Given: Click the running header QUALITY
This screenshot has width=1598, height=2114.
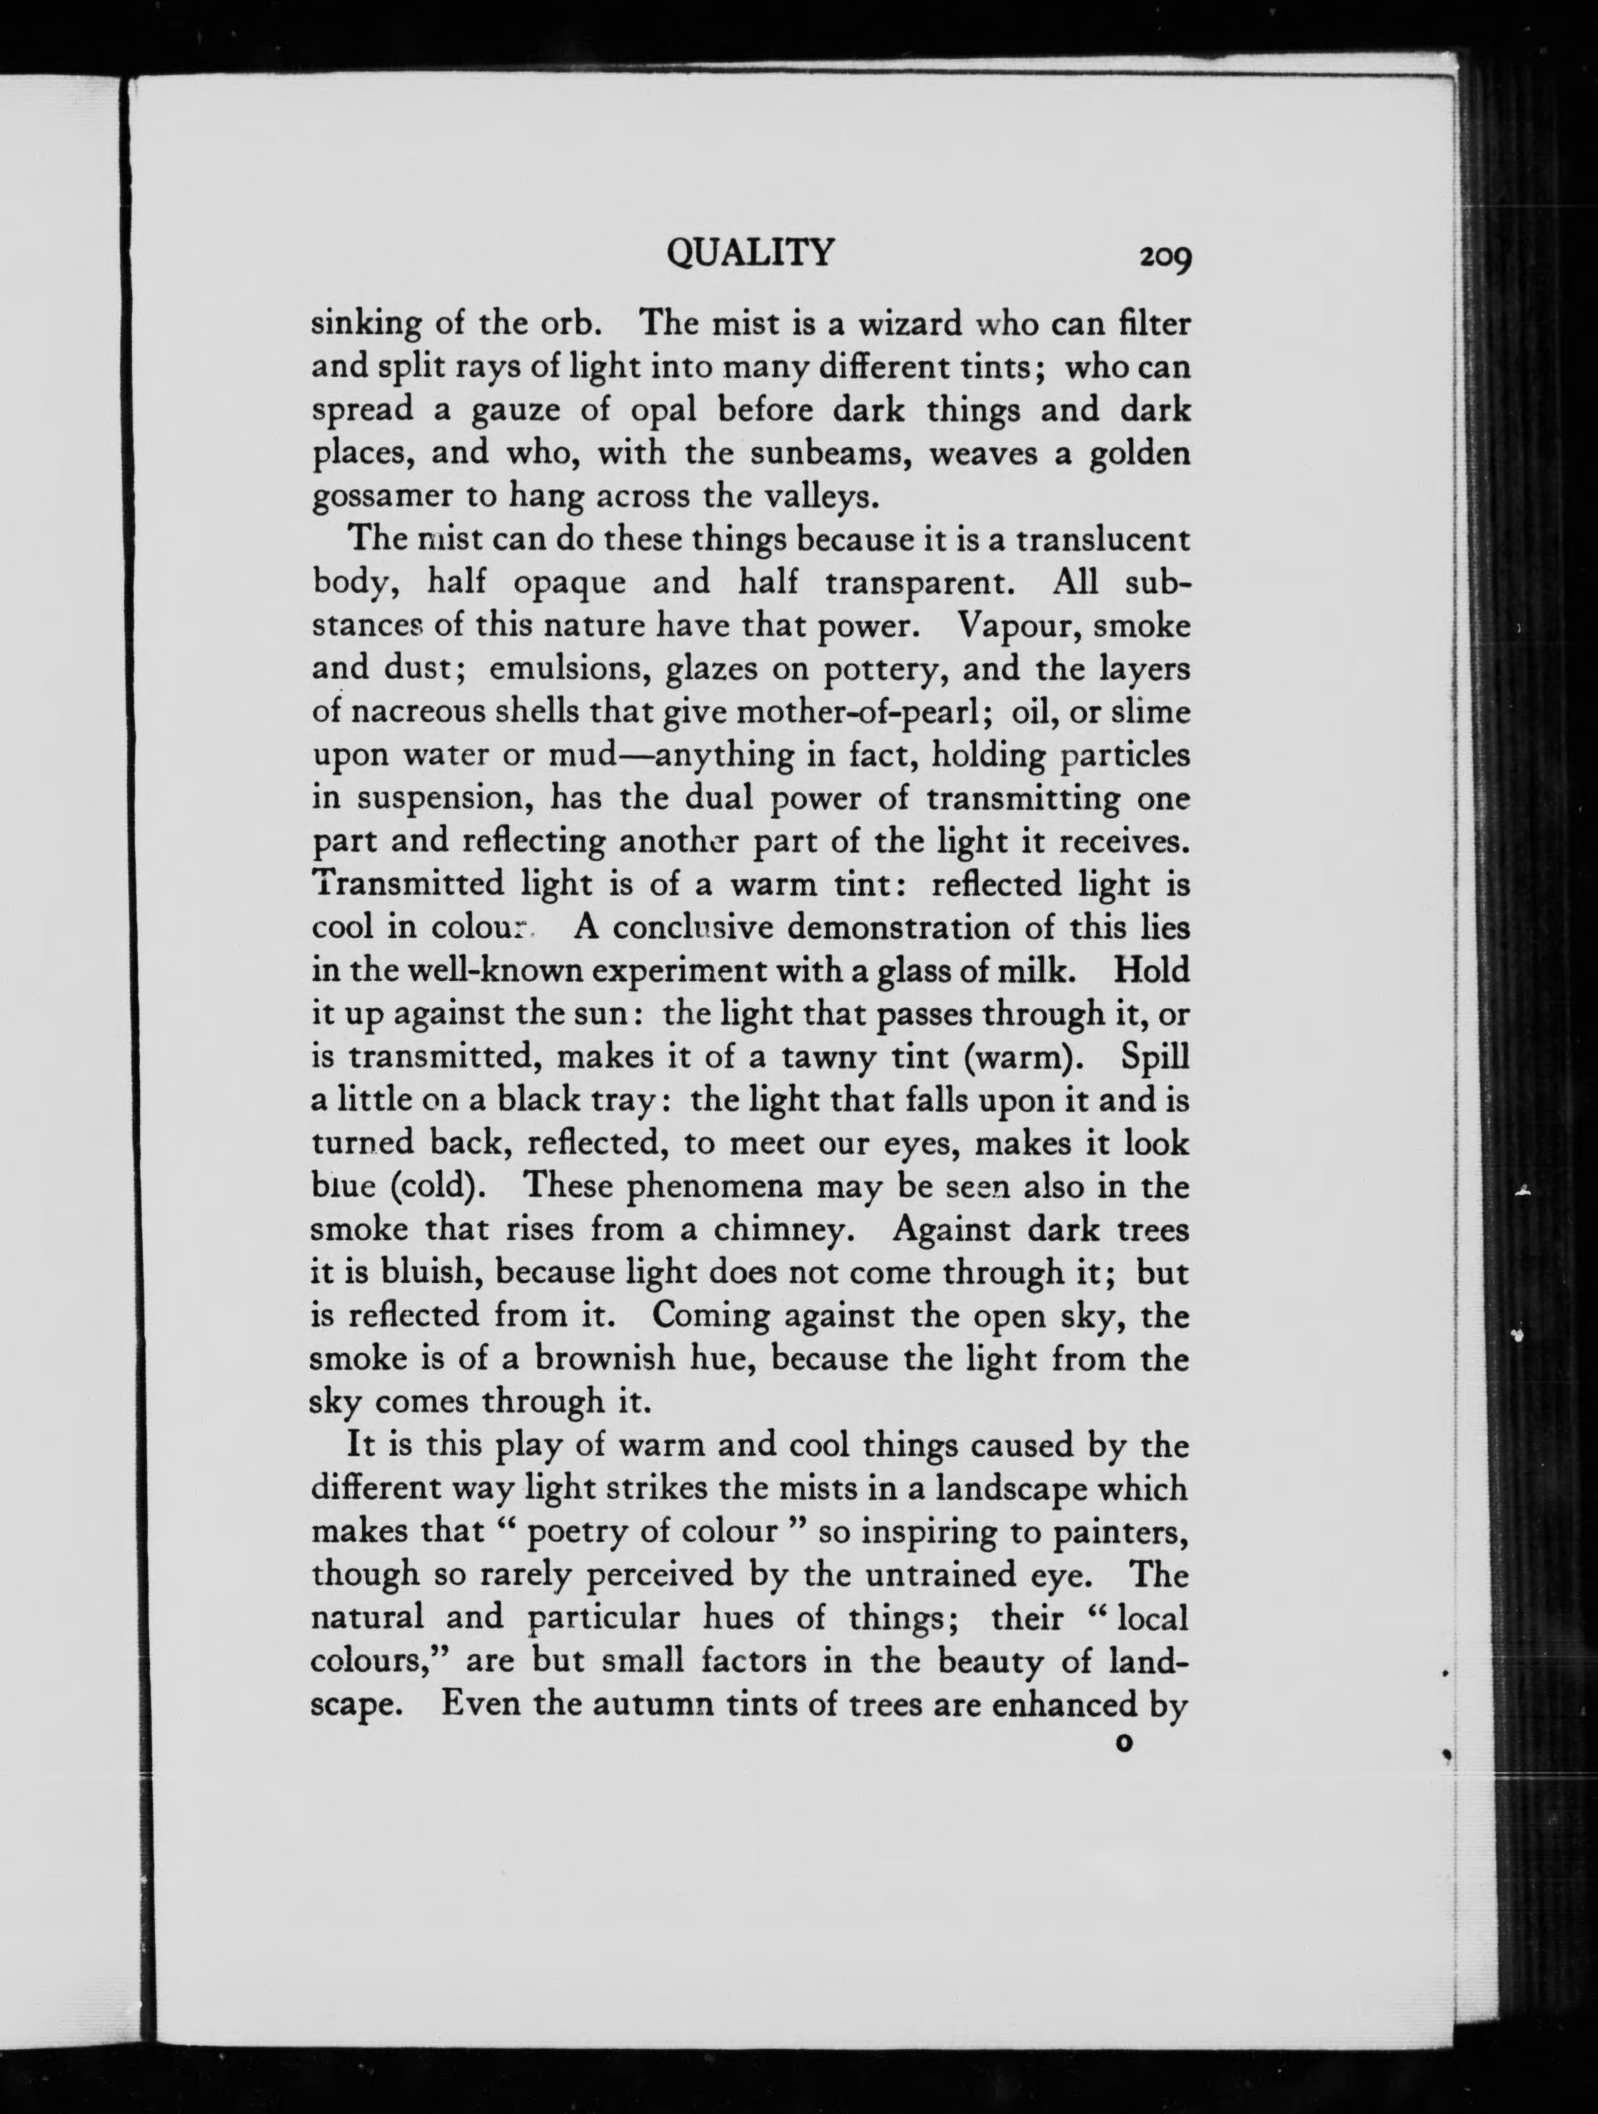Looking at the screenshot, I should pyautogui.click(x=750, y=253).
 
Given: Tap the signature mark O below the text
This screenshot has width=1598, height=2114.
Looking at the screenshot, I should pyautogui.click(x=1123, y=1744).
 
